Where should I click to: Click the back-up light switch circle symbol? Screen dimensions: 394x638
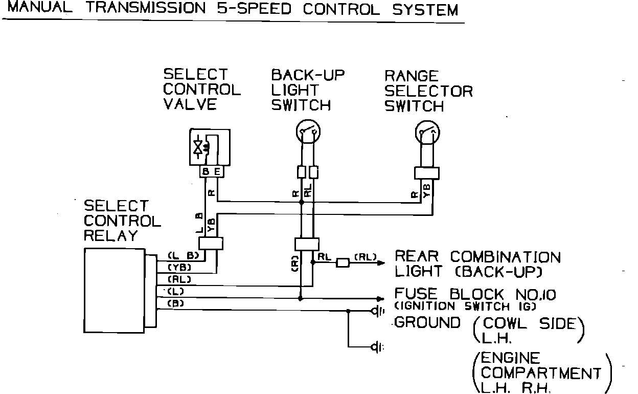click(x=308, y=133)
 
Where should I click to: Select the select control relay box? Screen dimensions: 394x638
click(x=115, y=290)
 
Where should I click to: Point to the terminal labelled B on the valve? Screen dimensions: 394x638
click(x=206, y=172)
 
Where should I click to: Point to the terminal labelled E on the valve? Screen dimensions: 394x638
click(x=217, y=172)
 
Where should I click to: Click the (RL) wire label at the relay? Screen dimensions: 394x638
click(x=179, y=279)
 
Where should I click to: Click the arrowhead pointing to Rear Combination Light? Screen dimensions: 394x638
click(x=380, y=263)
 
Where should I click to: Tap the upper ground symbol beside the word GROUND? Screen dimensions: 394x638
click(x=378, y=311)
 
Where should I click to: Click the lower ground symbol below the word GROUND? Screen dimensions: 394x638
click(x=378, y=348)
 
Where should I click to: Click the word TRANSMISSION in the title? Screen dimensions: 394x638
click(x=148, y=9)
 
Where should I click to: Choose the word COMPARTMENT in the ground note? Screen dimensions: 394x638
click(x=541, y=373)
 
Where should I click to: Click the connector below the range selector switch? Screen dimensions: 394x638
click(x=427, y=172)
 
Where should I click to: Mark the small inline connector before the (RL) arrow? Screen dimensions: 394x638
click(x=341, y=263)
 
